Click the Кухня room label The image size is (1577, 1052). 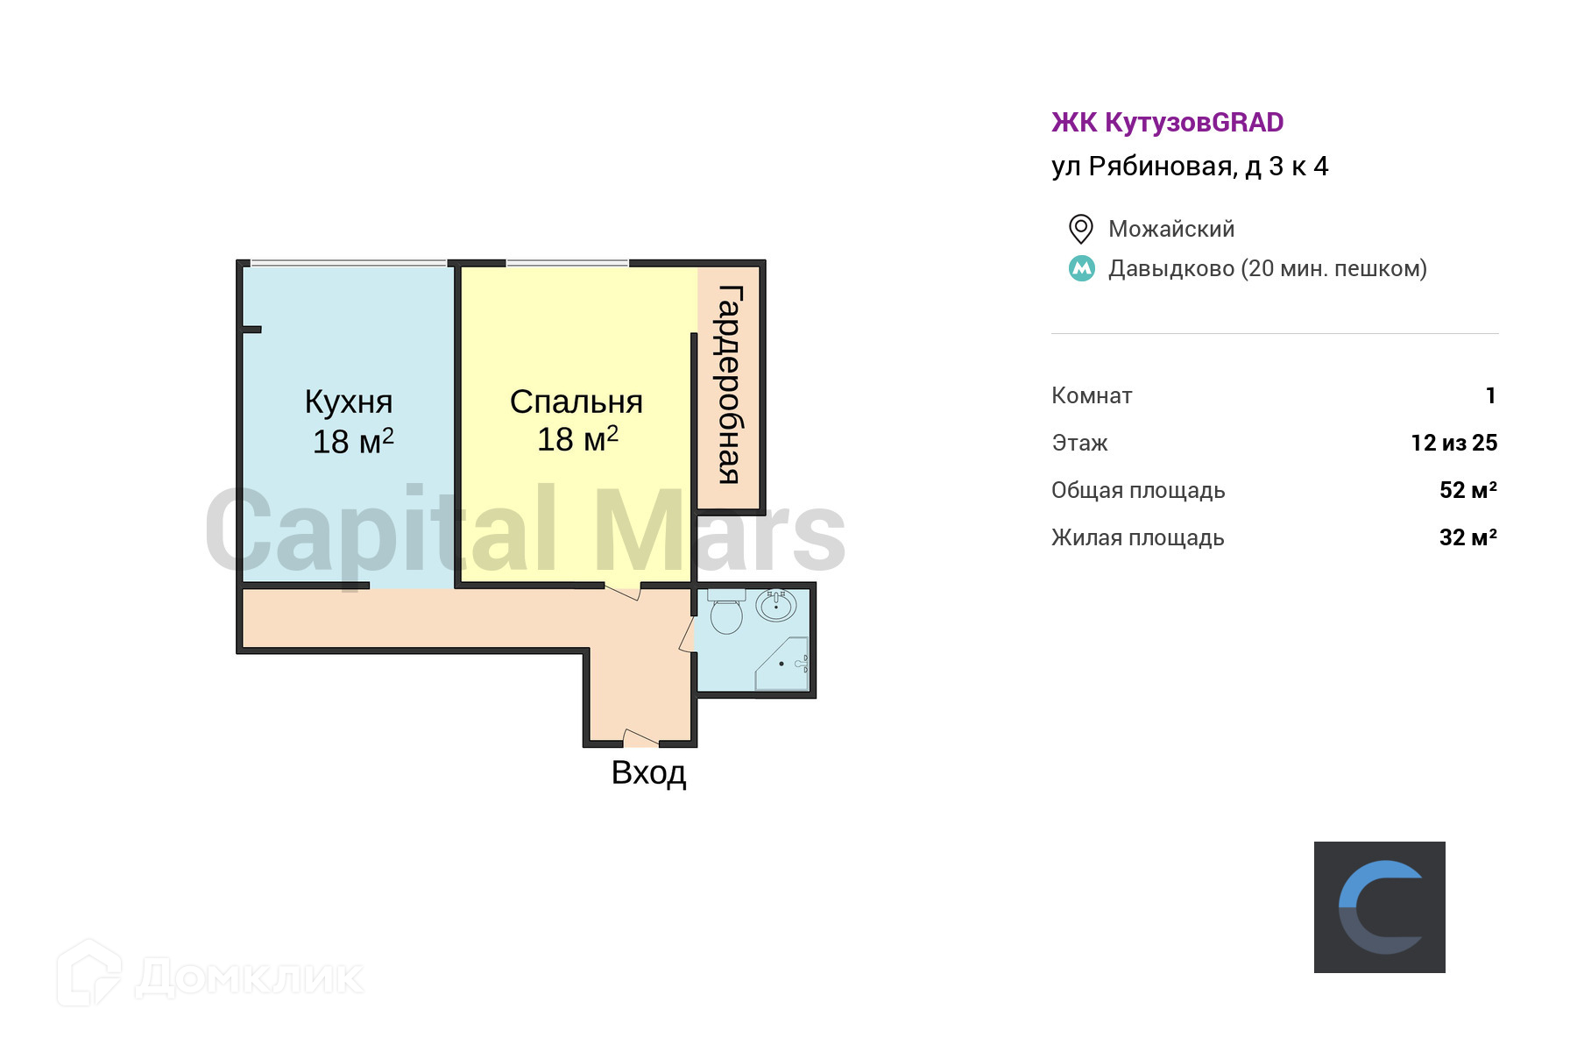click(x=349, y=402)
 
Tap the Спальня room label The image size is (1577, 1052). click(x=576, y=402)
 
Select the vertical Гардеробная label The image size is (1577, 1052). click(x=730, y=385)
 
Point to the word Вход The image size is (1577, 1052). click(x=648, y=773)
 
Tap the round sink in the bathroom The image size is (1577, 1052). click(x=776, y=605)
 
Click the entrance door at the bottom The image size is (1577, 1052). click(x=640, y=738)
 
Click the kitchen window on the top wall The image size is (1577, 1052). click(x=349, y=262)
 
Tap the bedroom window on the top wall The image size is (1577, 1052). click(x=567, y=262)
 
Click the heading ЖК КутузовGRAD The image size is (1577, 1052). click(x=1167, y=123)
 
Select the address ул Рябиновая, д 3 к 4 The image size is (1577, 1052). click(x=1190, y=167)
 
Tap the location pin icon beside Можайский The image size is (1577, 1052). click(x=1081, y=229)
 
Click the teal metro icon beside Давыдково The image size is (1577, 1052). click(x=1082, y=268)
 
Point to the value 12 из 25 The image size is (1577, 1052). click(x=1453, y=443)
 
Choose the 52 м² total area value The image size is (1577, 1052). click(x=1467, y=490)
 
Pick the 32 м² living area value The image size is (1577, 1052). click(x=1467, y=537)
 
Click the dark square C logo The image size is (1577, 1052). click(x=1379, y=906)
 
